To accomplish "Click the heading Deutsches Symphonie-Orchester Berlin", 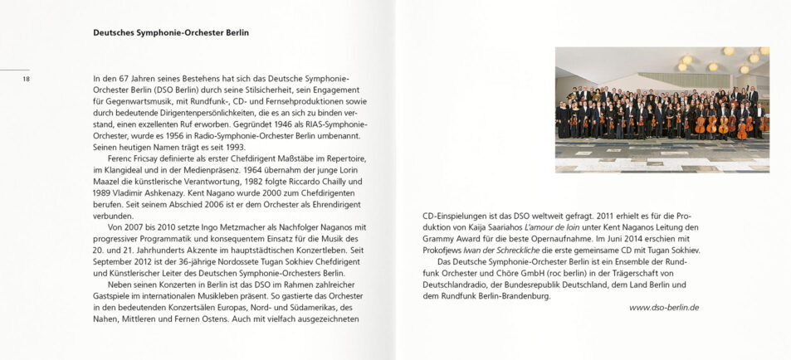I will point(171,32).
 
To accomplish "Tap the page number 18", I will point(27,79).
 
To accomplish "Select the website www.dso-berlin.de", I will point(664,307).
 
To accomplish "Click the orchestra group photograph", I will point(662,109).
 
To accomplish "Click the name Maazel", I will point(110,181).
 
